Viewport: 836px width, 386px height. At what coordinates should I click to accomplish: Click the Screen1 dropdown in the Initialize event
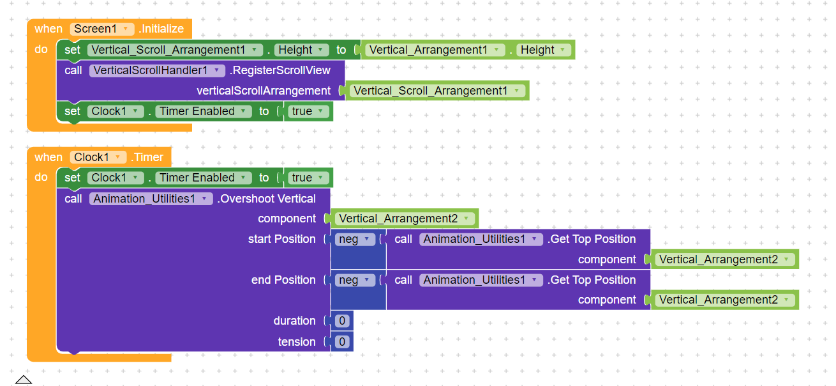pos(102,29)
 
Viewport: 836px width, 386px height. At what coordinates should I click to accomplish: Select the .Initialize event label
pos(161,29)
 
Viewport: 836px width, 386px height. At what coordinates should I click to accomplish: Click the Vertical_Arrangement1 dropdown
pos(435,50)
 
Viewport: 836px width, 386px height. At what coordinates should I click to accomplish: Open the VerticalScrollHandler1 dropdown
pos(157,70)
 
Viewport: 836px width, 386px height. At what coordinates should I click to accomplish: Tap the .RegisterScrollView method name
pos(280,70)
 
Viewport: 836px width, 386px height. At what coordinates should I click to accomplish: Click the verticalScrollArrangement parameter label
pos(264,91)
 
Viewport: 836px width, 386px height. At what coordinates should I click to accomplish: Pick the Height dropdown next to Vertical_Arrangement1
pos(544,50)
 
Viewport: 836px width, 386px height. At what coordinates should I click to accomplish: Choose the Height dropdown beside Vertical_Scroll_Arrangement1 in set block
pos(302,50)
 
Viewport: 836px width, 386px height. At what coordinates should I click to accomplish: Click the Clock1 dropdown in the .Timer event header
pos(98,157)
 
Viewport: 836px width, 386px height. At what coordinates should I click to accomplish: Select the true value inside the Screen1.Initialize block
pos(308,111)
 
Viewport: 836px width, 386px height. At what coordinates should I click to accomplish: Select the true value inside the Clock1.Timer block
pos(308,178)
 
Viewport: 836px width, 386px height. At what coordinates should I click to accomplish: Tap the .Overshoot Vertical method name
pos(267,199)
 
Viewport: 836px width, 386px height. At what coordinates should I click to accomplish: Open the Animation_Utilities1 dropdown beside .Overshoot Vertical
pos(151,199)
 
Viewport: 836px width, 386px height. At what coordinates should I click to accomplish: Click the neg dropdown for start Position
pos(355,239)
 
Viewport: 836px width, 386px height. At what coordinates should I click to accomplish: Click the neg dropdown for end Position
pos(355,280)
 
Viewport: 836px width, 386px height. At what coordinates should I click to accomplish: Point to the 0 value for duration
pos(342,321)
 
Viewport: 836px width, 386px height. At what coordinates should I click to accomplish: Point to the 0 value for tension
pos(342,342)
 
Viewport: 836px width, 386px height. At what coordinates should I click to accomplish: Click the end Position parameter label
pos(283,280)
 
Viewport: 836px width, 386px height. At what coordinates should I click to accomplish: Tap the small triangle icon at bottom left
pos(24,380)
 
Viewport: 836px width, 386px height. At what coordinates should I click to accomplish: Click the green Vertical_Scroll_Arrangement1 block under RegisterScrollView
pos(437,91)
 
